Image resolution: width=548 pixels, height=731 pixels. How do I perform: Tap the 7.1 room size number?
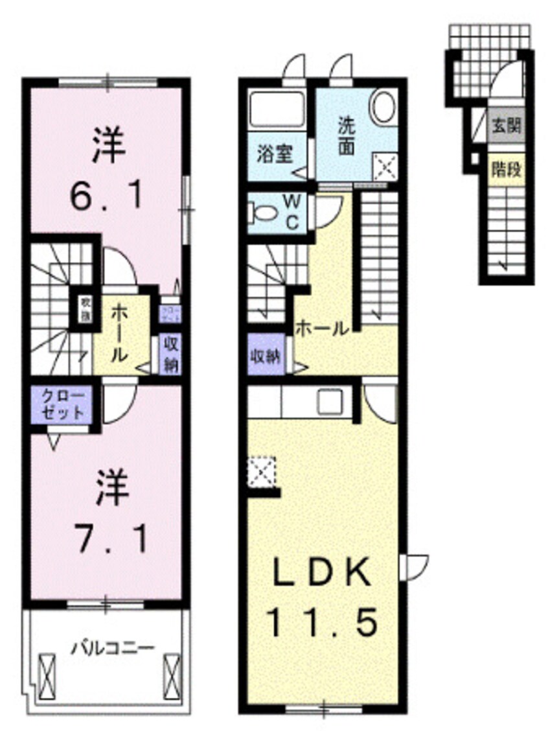(108, 535)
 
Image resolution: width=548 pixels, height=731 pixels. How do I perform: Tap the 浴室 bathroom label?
(275, 156)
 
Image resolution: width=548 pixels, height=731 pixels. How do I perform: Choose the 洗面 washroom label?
(346, 135)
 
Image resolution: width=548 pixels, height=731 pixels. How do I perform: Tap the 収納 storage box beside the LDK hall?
(266, 354)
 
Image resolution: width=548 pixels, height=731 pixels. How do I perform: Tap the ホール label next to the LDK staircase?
(322, 329)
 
